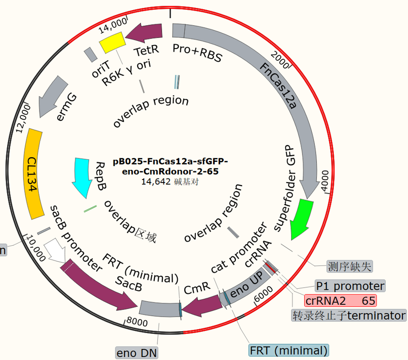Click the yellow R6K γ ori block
click(112, 42)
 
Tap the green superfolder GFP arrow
click(302, 218)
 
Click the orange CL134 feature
click(34, 173)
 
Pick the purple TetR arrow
click(144, 33)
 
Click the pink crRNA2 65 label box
click(340, 301)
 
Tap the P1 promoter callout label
click(350, 286)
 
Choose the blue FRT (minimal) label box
click(289, 350)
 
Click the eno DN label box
click(137, 353)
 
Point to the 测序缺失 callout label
click(349, 266)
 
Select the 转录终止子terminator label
click(349, 316)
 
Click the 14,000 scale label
click(113, 25)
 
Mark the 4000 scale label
click(325, 181)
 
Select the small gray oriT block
click(91, 55)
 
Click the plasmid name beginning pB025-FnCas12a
click(170, 166)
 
